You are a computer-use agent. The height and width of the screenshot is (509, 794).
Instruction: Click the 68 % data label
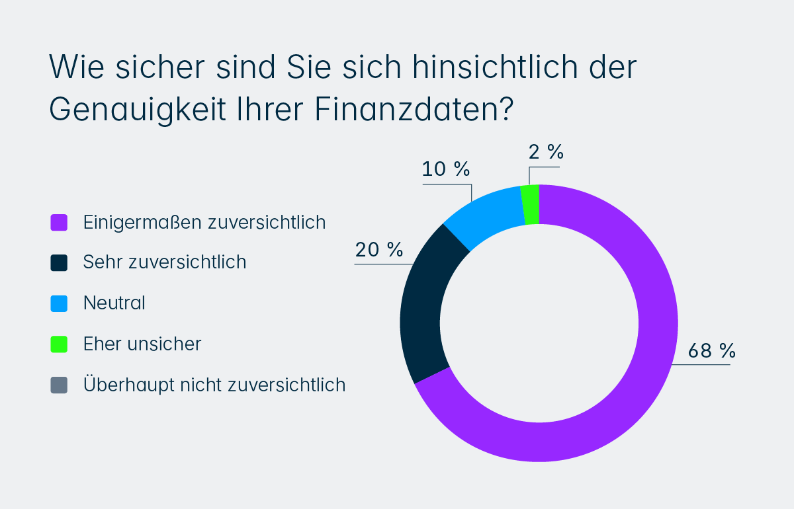(712, 350)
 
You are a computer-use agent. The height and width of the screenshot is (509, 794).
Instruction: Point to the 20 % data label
(378, 250)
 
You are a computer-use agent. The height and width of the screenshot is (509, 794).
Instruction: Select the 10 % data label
(446, 169)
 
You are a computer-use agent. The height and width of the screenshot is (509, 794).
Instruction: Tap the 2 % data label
(546, 153)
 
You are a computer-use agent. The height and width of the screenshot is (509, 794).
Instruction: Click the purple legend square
(59, 222)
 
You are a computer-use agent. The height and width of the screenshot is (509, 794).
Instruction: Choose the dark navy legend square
(59, 262)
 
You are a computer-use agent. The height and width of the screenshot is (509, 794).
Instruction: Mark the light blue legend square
(59, 303)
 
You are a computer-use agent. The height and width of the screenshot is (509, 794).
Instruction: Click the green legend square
(59, 344)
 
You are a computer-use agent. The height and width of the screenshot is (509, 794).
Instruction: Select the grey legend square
(59, 385)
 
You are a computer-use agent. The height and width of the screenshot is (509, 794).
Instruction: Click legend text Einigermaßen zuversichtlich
(204, 222)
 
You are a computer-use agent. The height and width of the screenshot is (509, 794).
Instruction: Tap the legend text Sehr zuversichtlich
(165, 262)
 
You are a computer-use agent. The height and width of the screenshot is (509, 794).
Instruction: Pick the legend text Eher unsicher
(142, 344)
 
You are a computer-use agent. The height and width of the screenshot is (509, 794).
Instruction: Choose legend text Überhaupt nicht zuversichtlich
(214, 385)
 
